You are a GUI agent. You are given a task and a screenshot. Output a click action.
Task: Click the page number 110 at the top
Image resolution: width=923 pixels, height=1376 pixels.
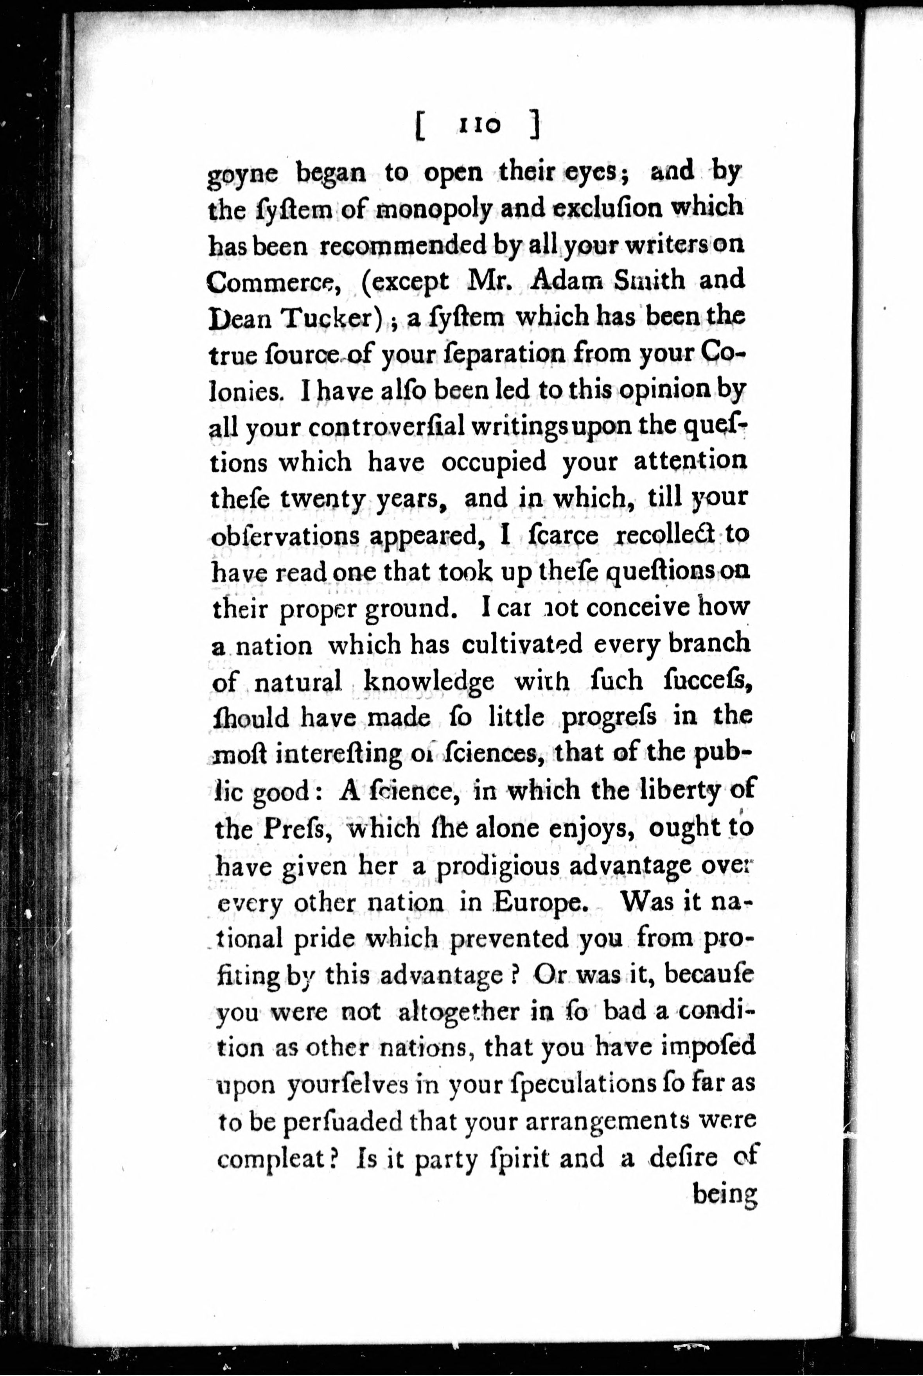pos(479,125)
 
